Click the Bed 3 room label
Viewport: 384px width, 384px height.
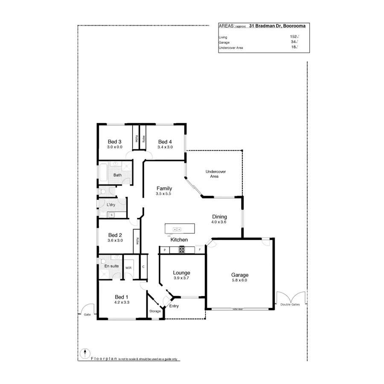point(115,142)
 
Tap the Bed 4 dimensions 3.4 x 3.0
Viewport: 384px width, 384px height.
point(165,147)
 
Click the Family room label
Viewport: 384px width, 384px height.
point(164,188)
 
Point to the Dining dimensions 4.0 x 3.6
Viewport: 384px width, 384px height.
point(218,222)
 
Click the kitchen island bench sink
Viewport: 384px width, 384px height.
point(177,230)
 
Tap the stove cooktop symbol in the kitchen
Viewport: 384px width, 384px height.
point(181,250)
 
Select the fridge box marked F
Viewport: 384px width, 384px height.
point(199,250)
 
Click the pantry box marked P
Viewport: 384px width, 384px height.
point(164,250)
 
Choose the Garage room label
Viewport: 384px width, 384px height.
point(239,275)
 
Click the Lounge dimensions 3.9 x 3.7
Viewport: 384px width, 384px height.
point(181,278)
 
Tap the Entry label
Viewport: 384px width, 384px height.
point(174,306)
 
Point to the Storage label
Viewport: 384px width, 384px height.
point(155,311)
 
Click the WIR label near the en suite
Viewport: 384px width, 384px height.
point(128,268)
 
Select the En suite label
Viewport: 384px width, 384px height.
point(112,266)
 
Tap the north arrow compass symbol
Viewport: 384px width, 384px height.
point(85,353)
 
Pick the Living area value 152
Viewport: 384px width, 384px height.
point(293,37)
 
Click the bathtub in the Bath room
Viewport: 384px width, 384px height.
point(103,173)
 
